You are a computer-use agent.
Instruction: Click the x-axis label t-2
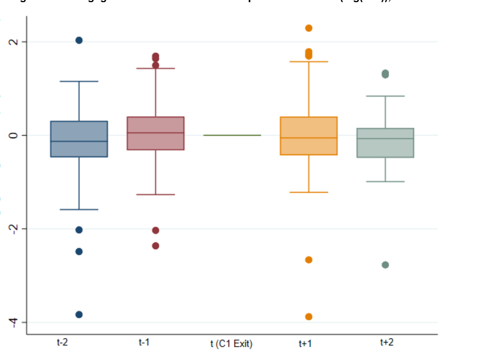click(62, 343)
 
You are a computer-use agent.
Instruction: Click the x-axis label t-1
click(144, 343)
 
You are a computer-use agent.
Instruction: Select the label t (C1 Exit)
click(231, 344)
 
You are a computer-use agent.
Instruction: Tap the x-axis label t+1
click(305, 343)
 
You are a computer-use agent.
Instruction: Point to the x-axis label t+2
click(386, 343)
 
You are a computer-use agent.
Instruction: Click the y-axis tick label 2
click(15, 42)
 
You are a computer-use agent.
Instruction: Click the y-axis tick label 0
click(15, 135)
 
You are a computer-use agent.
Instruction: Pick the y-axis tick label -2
click(15, 229)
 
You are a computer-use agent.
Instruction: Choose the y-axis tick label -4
click(15, 322)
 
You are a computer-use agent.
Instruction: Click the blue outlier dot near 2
click(79, 40)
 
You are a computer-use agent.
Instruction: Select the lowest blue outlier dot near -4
click(79, 314)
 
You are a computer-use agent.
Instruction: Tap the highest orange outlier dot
click(309, 28)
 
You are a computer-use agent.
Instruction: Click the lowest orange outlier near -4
click(309, 317)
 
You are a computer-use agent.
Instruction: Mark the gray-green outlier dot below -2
click(385, 265)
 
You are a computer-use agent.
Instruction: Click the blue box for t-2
click(79, 139)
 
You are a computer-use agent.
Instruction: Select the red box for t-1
click(155, 133)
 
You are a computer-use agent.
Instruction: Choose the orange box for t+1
click(309, 136)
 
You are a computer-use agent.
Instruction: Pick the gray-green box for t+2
click(385, 143)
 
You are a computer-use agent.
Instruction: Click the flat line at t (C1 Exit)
click(232, 135)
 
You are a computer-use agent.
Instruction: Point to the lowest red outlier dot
click(155, 245)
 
